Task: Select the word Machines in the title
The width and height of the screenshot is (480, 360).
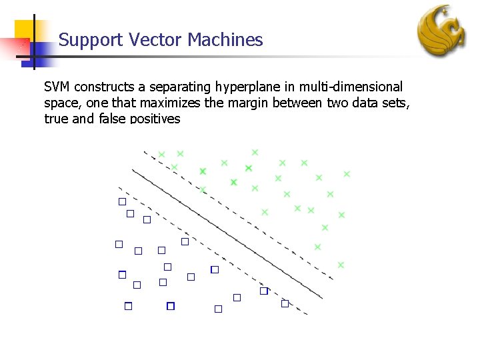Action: [225, 40]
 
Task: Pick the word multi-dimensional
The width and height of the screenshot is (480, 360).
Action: [349, 87]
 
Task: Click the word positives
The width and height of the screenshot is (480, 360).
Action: [155, 119]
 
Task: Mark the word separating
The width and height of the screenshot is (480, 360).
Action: [178, 87]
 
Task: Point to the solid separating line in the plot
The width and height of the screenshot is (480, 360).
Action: [227, 233]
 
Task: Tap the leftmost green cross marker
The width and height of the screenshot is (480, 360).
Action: [161, 155]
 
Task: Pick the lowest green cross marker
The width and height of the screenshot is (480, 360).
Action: [341, 265]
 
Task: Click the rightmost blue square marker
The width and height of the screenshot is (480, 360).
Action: [285, 303]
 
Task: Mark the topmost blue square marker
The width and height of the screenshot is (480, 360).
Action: [122, 201]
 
